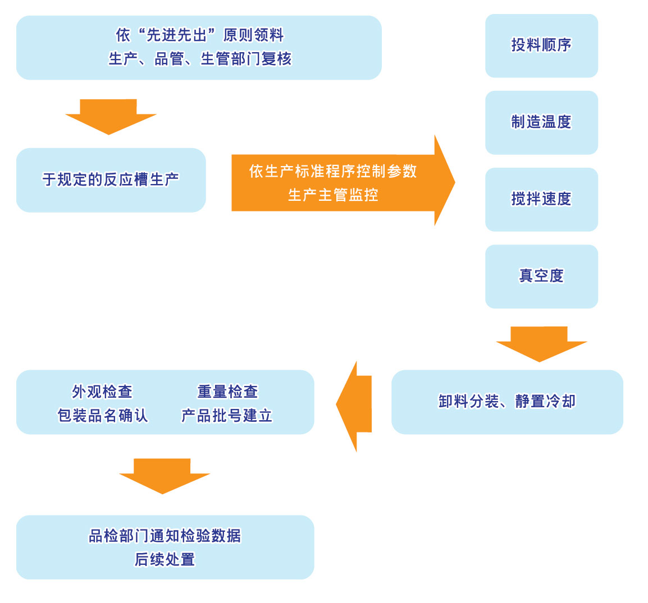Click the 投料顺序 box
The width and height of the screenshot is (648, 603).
[541, 45]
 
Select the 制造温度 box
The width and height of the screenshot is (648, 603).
[541, 122]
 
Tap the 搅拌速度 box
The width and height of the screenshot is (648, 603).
[541, 199]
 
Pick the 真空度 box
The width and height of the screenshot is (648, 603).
[541, 276]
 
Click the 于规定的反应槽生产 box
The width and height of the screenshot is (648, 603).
[111, 180]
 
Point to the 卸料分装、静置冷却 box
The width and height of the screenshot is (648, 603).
[507, 402]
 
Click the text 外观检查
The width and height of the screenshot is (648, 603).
[102, 391]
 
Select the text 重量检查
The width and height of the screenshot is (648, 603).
[227, 391]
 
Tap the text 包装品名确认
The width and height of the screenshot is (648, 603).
[102, 415]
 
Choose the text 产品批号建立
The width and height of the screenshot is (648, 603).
[227, 415]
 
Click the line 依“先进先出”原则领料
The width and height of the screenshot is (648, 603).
[200, 35]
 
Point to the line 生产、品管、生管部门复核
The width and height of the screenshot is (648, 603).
[200, 59]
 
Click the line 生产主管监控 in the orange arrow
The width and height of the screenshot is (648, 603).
[333, 195]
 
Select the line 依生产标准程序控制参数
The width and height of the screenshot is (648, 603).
[333, 171]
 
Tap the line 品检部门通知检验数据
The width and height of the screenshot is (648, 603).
[165, 536]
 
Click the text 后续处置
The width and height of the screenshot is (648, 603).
[165, 559]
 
